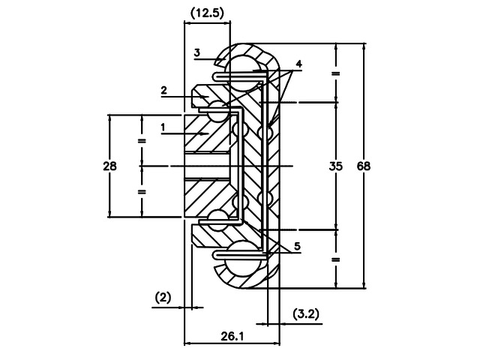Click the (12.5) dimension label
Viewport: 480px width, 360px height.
[207, 13]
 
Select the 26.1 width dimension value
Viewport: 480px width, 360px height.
[232, 337]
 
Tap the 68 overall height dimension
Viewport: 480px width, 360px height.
[364, 166]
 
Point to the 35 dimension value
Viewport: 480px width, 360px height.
[336, 166]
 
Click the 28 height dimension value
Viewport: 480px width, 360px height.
[109, 166]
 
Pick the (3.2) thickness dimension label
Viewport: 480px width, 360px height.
[306, 314]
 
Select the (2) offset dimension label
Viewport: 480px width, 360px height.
[163, 298]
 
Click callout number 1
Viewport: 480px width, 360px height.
[163, 127]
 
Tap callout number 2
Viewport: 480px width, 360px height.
[164, 90]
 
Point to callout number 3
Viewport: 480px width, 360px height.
[197, 52]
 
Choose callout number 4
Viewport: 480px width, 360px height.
[298, 64]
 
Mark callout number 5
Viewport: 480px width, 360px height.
[297, 246]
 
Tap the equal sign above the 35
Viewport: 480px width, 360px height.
[336, 73]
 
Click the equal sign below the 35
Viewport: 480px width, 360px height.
[336, 260]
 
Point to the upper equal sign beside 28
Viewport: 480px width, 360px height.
[142, 141]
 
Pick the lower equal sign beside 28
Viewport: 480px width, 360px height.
[142, 192]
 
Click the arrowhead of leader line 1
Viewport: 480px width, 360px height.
[205, 133]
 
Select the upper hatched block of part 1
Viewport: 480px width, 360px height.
[207, 133]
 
